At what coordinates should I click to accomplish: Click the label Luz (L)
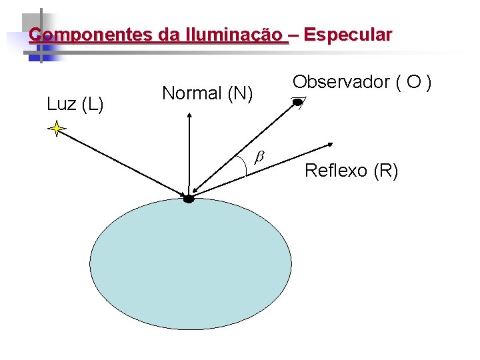(75, 104)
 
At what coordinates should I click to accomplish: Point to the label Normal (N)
(207, 94)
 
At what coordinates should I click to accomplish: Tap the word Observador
(341, 82)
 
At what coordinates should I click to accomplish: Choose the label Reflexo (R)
(351, 171)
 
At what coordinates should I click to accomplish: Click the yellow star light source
(57, 129)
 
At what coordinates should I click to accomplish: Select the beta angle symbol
(260, 156)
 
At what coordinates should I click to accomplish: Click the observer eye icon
(298, 102)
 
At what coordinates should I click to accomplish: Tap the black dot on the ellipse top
(189, 198)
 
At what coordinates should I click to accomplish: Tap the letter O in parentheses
(414, 82)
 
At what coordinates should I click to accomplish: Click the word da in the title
(171, 35)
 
